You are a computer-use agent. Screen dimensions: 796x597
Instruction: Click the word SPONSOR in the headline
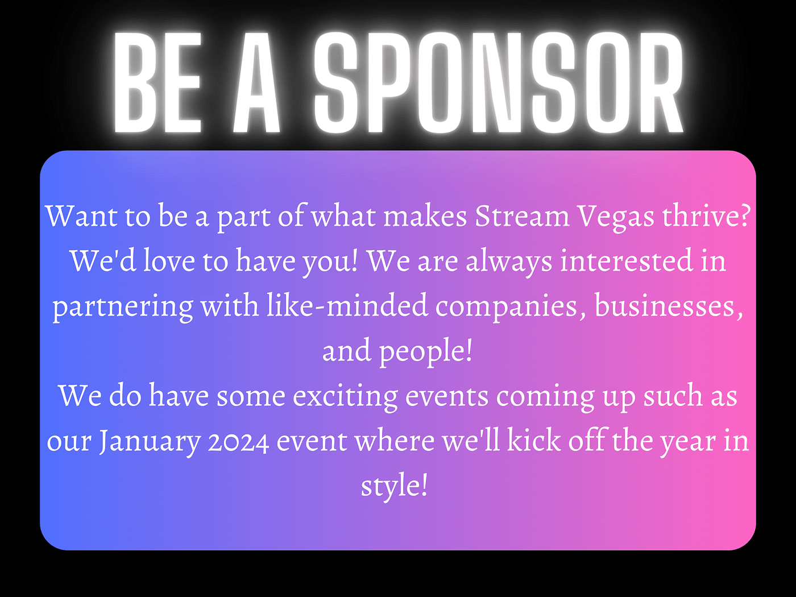pyautogui.click(x=499, y=82)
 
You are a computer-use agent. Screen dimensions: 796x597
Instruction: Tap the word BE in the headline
pyautogui.click(x=157, y=82)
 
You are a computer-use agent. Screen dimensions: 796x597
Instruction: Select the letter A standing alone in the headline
pyautogui.click(x=257, y=82)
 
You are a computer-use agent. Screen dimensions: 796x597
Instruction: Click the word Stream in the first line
pyautogui.click(x=522, y=217)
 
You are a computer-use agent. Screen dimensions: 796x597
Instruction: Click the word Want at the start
pyautogui.click(x=81, y=217)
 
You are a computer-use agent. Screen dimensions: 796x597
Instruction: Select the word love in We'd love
pyautogui.click(x=169, y=260)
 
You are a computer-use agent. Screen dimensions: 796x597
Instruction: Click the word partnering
pyautogui.click(x=123, y=306)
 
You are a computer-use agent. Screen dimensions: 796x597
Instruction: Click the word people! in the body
pyautogui.click(x=426, y=351)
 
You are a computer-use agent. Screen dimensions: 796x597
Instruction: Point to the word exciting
pyautogui.click(x=345, y=396)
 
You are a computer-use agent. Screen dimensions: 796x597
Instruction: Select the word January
pyautogui.click(x=150, y=442)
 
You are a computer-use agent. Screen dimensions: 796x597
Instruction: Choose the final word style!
pyautogui.click(x=394, y=486)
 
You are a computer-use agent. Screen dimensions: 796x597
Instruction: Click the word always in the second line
pyautogui.click(x=509, y=262)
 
